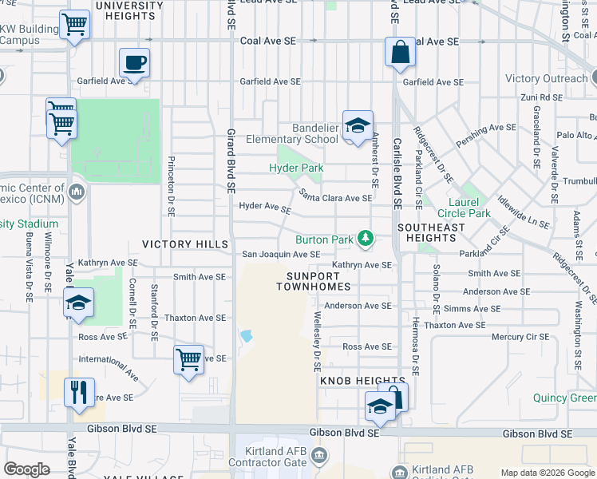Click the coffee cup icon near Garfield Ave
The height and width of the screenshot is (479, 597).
pos(134,61)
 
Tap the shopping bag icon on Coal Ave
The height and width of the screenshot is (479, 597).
pos(398,52)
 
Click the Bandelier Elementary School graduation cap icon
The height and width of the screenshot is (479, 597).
pos(358,125)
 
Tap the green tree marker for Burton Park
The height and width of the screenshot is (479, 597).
pos(366,238)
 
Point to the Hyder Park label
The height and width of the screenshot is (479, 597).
pos(296,168)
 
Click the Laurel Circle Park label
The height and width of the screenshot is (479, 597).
pos(464,207)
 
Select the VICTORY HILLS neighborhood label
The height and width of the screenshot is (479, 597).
pos(185,243)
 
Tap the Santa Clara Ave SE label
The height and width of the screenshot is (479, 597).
pos(335,197)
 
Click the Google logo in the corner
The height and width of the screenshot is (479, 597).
pos(28,469)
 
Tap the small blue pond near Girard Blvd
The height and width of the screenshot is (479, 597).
pos(246,336)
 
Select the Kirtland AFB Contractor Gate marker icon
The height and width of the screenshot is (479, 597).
pos(319,455)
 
